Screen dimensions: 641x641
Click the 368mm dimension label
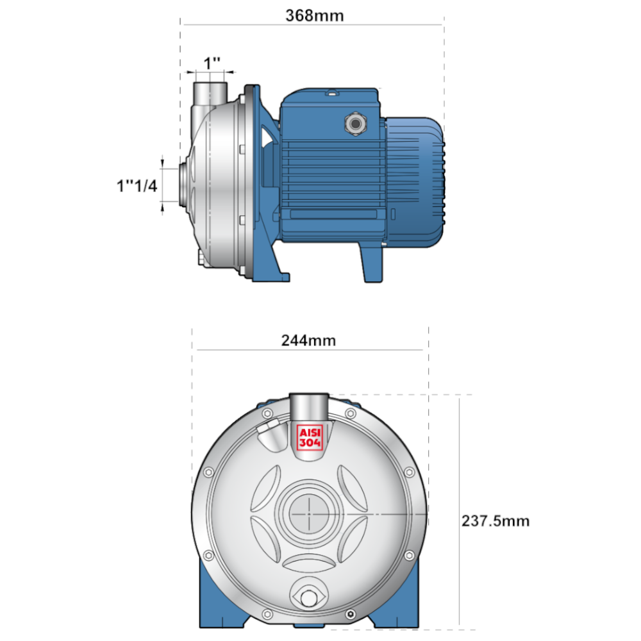click(x=314, y=15)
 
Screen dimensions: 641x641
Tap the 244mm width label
click(x=309, y=340)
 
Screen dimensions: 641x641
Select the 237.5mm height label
click(x=495, y=520)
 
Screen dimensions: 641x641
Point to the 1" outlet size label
click(x=212, y=63)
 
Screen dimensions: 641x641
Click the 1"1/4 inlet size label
click(x=137, y=186)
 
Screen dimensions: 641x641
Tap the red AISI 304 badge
click(x=310, y=437)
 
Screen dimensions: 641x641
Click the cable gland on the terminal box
click(x=355, y=124)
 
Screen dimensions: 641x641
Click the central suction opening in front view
click(x=309, y=513)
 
